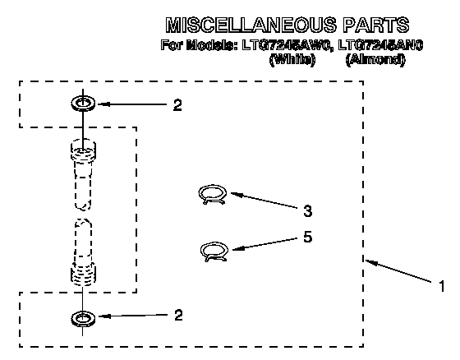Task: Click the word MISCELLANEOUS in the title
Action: coord(251,25)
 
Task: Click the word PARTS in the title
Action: coord(376,25)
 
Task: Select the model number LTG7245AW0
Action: coord(287,45)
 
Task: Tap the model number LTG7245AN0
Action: coord(380,45)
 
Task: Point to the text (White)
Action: coord(292,60)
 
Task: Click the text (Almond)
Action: coord(375,60)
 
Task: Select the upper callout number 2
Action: coord(177,105)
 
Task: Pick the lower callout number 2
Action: coord(178,315)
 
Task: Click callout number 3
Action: coord(307,211)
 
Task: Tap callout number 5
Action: coord(307,237)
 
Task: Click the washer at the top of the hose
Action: coord(83,104)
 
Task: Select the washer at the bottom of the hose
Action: coord(83,319)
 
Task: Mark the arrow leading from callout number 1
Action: coord(398,271)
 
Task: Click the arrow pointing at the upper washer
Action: coord(132,104)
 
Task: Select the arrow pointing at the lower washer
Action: coord(133,316)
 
